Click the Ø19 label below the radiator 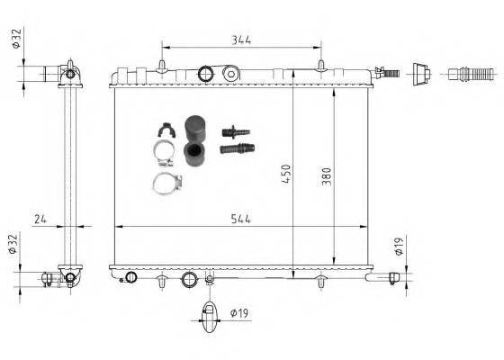pos(238,313)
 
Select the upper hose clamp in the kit pos(165,156)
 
